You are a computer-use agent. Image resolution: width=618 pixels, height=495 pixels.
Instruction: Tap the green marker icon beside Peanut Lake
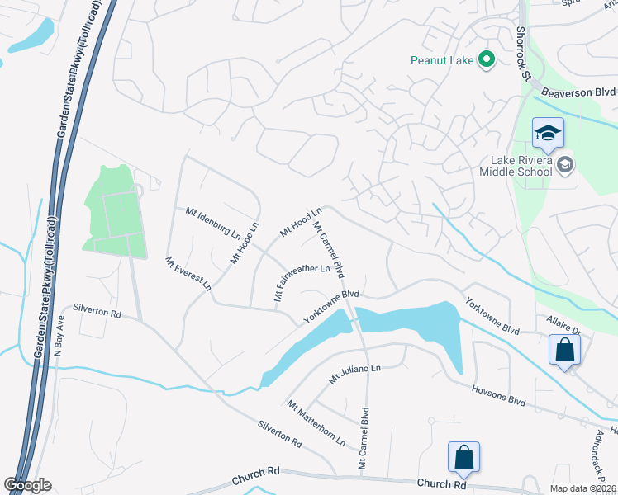click(x=487, y=59)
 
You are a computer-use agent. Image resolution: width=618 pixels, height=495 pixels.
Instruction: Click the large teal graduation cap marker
click(x=548, y=134)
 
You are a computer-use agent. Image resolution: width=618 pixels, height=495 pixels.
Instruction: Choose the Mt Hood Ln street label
click(x=301, y=223)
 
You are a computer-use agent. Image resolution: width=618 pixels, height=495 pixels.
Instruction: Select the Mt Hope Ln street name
click(x=245, y=242)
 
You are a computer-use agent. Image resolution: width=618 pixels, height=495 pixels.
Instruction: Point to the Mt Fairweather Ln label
click(x=302, y=280)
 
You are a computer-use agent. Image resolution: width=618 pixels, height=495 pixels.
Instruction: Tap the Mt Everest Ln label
click(x=188, y=273)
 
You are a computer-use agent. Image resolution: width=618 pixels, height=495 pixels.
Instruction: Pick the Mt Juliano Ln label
click(x=354, y=373)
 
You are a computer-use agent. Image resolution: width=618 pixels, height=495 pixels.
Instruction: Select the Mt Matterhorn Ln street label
click(x=316, y=422)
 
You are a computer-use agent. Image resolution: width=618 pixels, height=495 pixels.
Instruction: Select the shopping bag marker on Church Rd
click(x=463, y=458)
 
